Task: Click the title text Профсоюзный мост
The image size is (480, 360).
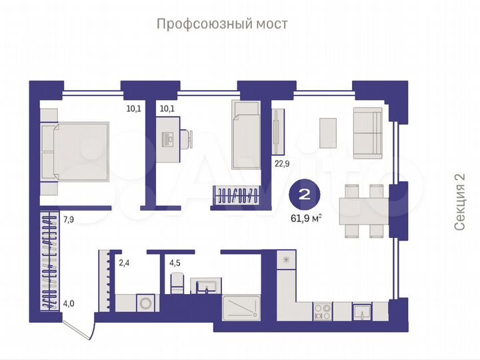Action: point(222,24)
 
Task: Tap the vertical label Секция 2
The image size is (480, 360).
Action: point(459,202)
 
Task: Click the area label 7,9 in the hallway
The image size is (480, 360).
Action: point(69,217)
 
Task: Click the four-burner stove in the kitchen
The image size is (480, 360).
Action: point(323,311)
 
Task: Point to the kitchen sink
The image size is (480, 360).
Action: point(363,310)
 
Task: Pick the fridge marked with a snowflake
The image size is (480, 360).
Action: point(286,260)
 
